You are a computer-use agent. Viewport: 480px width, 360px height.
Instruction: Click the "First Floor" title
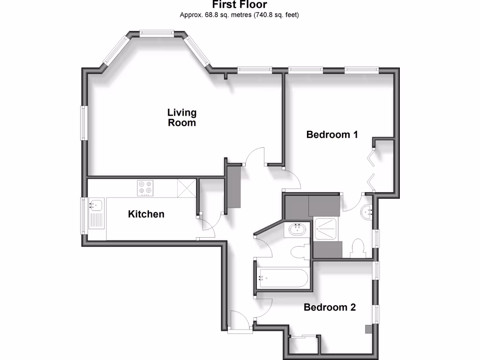tap(240, 5)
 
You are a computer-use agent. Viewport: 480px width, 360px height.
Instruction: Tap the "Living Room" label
tap(182, 118)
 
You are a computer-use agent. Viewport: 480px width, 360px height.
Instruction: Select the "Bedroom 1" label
tap(332, 135)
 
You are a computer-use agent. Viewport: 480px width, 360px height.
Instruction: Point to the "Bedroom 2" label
tap(330, 307)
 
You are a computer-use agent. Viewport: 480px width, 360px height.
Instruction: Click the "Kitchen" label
tap(146, 214)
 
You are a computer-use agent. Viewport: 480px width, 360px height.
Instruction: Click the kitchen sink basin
tap(96, 205)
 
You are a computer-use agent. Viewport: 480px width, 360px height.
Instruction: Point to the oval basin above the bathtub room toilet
tap(297, 230)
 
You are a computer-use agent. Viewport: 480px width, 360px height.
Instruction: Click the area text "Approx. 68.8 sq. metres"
tap(215, 15)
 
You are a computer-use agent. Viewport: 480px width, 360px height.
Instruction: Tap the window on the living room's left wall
tap(84, 123)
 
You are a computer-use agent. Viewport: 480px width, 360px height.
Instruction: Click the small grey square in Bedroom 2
tap(368, 329)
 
